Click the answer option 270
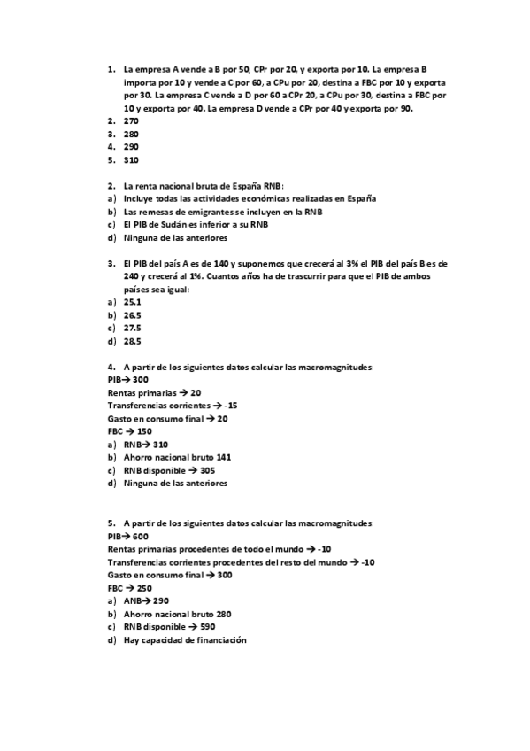[x=131, y=120]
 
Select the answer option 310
[x=131, y=160]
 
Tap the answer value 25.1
[x=133, y=302]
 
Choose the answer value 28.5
[x=133, y=342]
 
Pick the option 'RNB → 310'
[x=146, y=445]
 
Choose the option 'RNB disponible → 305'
[x=169, y=471]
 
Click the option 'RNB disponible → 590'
[x=169, y=627]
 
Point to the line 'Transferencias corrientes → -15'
[x=173, y=406]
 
